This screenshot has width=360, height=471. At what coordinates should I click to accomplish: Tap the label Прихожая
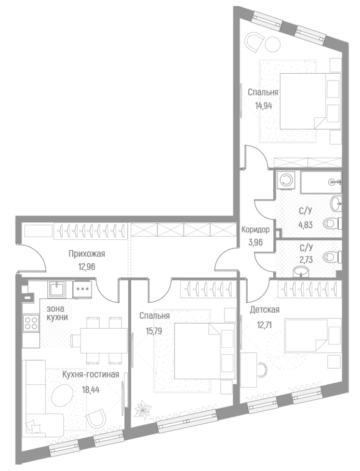point(87,254)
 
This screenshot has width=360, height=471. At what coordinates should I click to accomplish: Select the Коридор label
point(256,230)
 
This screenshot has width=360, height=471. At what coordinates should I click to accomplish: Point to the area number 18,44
point(90,390)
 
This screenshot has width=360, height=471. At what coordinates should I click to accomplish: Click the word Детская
point(264,309)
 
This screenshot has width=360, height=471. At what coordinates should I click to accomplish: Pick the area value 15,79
point(154,331)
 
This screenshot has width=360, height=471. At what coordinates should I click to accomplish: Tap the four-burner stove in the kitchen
point(31,322)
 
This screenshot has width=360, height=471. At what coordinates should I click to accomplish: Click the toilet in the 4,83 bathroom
point(332,223)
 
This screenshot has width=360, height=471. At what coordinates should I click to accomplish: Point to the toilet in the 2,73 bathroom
point(332,257)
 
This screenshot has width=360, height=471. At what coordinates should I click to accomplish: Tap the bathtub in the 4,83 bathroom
point(321,183)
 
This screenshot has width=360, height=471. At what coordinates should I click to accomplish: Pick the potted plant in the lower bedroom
point(143,409)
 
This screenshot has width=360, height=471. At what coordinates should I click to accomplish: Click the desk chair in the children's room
point(262,370)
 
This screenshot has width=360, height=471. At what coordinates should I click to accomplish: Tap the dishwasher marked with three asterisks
point(83,290)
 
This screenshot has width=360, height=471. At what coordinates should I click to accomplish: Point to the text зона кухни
point(57,313)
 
